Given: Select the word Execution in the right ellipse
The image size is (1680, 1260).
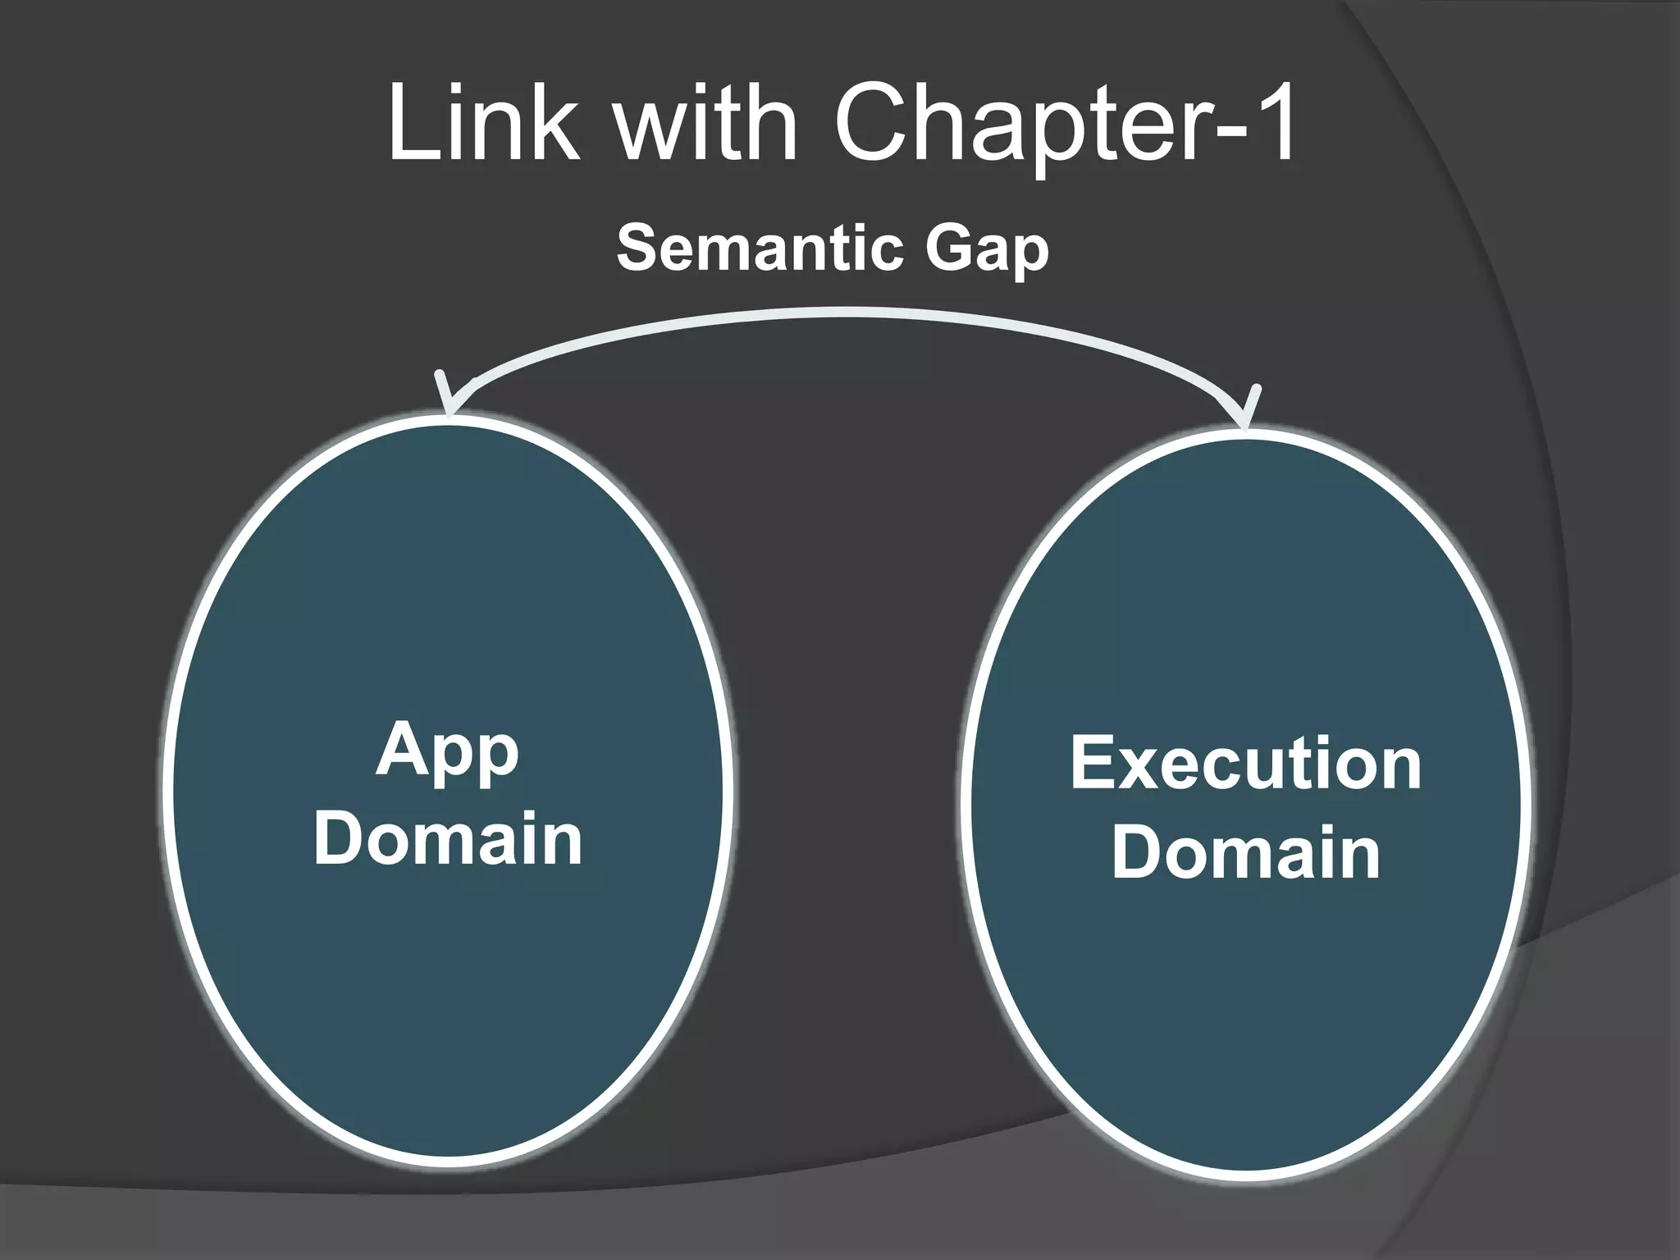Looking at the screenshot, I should coord(1245,764).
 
